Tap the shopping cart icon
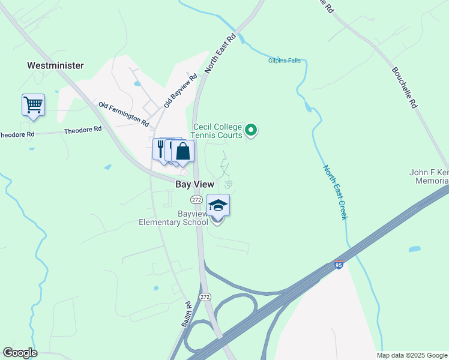point(33,104)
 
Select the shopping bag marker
point(183,151)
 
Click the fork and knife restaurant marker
point(161,148)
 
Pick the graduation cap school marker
point(218,205)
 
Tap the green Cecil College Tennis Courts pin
point(252,129)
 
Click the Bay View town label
point(195,185)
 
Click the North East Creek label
point(335,192)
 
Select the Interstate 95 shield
point(339,265)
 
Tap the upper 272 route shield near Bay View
point(196,199)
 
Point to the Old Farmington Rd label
point(124,113)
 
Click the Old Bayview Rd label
point(181,90)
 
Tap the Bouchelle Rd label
point(404,86)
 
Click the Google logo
point(20,353)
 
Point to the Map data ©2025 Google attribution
point(411,355)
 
